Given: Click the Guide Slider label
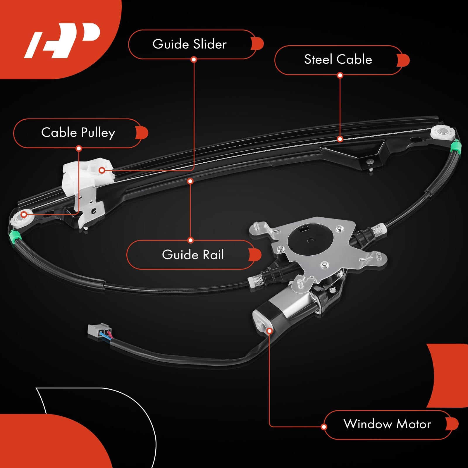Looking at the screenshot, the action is [x=190, y=44].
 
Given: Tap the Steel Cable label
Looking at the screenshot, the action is [x=338, y=60].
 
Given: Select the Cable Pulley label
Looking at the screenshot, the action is [x=78, y=133].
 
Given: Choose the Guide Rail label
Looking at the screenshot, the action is [x=193, y=255].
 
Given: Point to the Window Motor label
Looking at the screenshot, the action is [x=387, y=424].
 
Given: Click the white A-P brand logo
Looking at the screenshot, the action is [x=63, y=39].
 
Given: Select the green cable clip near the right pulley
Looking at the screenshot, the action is [x=455, y=147].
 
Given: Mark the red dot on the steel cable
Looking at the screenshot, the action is [x=340, y=139].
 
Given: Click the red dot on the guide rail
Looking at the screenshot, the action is [x=190, y=181].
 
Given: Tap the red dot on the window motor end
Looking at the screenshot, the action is [x=270, y=331].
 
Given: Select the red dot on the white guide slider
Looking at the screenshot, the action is [x=102, y=170].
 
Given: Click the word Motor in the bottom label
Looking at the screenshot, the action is [x=414, y=424].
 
